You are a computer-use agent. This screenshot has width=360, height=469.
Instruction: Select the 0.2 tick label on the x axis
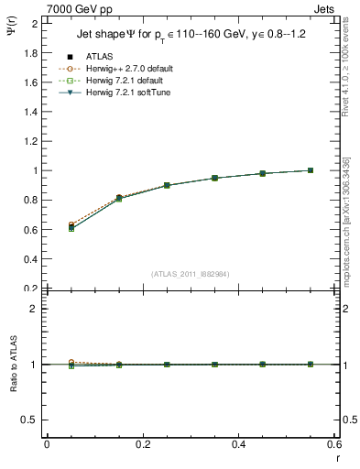coord(142,444)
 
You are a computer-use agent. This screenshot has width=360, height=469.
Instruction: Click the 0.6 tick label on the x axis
coord(333,444)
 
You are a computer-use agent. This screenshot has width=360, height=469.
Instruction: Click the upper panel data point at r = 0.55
coord(311,170)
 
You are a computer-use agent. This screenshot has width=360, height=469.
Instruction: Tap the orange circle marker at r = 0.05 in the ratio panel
coord(71,363)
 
